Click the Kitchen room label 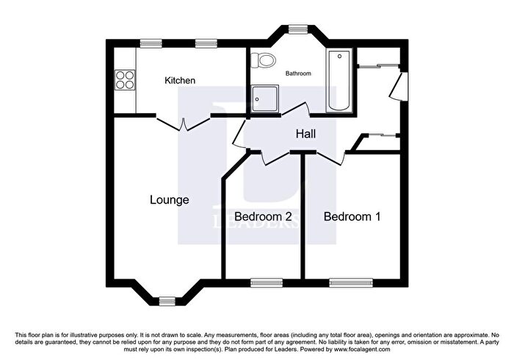point(180,80)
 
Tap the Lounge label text point(170,200)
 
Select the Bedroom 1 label point(352,217)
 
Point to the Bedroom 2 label point(263,217)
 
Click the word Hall point(306,134)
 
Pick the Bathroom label point(298,73)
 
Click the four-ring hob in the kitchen point(125,80)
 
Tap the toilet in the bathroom point(263,60)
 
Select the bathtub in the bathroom point(339,80)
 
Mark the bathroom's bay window point(298,29)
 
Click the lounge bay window point(167,300)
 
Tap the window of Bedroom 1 point(351,283)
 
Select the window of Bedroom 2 point(267,283)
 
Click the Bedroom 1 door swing point(330,158)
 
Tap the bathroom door point(296,109)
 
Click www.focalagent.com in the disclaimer point(361,349)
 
